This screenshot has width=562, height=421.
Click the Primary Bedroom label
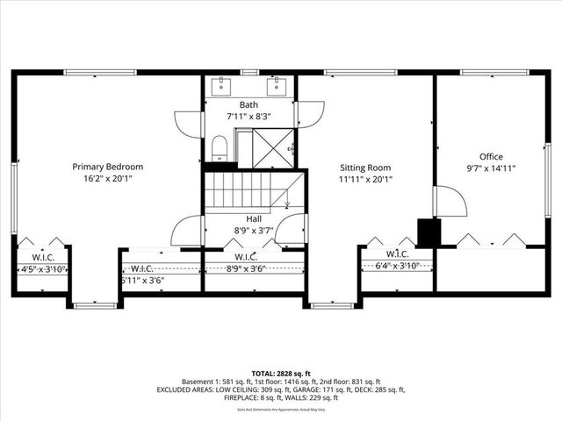107,167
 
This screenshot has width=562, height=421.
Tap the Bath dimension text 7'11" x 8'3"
249,116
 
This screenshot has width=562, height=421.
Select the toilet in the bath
220,148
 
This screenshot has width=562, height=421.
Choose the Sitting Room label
365,168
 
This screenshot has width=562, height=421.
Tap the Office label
491,157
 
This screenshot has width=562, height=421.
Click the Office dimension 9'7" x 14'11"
491,169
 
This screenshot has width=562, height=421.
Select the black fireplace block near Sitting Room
429,232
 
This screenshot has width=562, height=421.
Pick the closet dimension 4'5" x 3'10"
42,269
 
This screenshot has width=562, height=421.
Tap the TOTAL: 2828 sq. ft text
281,373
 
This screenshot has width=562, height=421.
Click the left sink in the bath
219,85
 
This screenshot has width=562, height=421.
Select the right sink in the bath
278,85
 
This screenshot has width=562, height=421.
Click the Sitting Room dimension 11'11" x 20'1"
365,179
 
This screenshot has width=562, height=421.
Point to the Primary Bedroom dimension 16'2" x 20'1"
107,178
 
